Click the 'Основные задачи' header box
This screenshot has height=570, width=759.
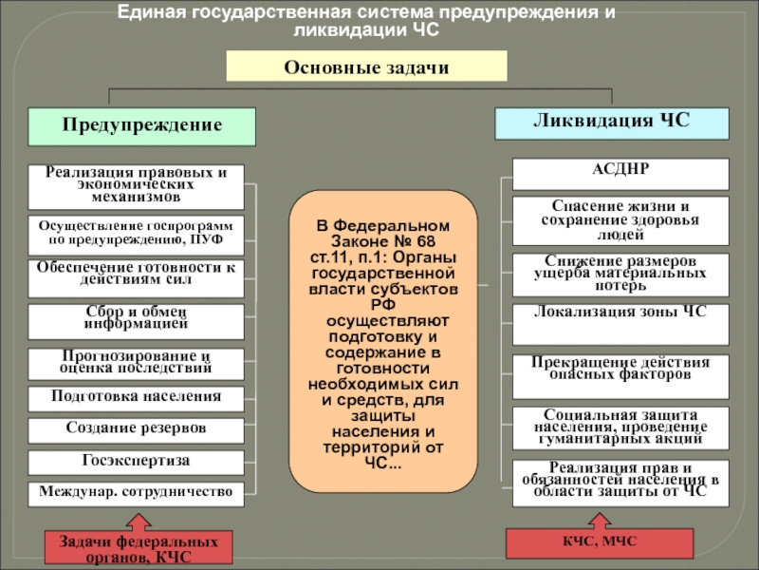[x=366, y=66]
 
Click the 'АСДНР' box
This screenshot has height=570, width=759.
[x=620, y=174]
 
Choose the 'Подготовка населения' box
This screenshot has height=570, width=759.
[x=136, y=397]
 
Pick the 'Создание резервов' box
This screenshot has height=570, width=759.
[x=136, y=429]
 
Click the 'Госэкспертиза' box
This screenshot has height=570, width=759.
[x=136, y=462]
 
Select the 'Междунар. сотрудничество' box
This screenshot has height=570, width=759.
[x=136, y=492]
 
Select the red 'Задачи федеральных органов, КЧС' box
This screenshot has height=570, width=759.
[x=138, y=548]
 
